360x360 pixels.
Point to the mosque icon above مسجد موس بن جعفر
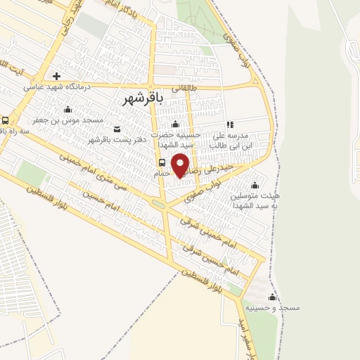[67, 109]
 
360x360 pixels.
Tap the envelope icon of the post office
[117, 129]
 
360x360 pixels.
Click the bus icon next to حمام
[162, 162]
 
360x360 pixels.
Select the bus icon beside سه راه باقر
[6, 120]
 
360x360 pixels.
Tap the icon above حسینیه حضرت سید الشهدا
[176, 124]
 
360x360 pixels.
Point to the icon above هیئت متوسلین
[254, 185]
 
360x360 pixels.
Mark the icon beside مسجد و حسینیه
[272, 297]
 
